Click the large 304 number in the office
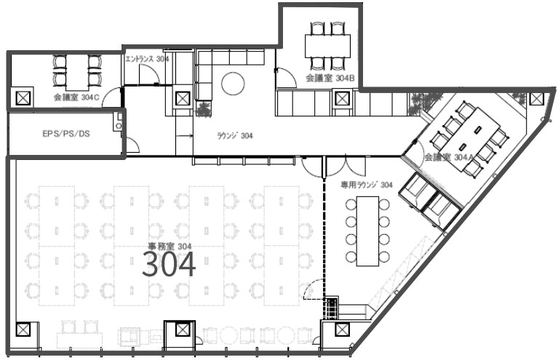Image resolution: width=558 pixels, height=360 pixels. [x=169, y=264]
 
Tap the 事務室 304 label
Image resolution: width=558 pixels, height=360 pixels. [x=170, y=246]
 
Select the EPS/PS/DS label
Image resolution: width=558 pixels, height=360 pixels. [x=66, y=134]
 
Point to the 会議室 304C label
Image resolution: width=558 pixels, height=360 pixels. [x=76, y=97]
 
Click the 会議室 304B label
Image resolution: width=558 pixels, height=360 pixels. [x=330, y=79]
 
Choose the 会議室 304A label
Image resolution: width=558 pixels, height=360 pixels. [x=449, y=157]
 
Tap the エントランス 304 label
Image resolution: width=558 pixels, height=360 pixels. [x=147, y=59]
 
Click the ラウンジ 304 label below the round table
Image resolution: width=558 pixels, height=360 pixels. [x=235, y=135]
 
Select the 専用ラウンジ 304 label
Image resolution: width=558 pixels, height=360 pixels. [x=367, y=185]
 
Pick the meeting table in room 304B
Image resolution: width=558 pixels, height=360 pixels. [x=327, y=46]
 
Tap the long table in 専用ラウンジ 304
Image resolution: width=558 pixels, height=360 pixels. [x=367, y=231]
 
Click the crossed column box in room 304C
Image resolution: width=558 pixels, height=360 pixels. [x=23, y=98]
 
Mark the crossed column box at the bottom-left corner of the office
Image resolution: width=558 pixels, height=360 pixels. [x=23, y=329]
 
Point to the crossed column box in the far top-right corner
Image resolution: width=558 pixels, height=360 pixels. [x=536, y=98]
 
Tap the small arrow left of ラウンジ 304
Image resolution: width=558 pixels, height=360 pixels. [x=184, y=135]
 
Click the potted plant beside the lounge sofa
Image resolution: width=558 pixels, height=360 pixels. [x=204, y=108]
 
